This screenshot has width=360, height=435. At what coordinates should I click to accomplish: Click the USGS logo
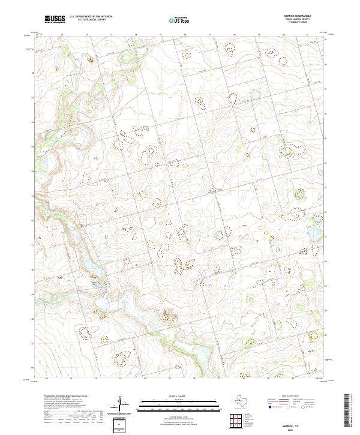pos(55,19)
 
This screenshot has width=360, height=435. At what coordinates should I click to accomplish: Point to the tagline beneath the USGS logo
pos(55,23)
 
